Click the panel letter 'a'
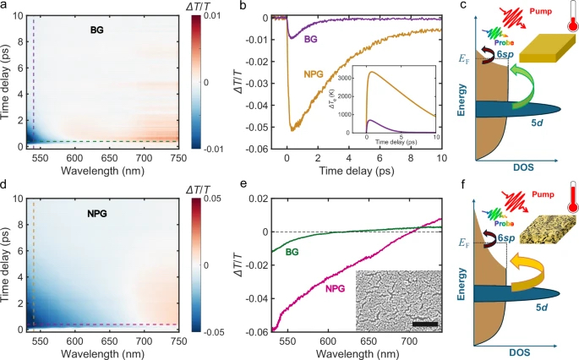[5, 6]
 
